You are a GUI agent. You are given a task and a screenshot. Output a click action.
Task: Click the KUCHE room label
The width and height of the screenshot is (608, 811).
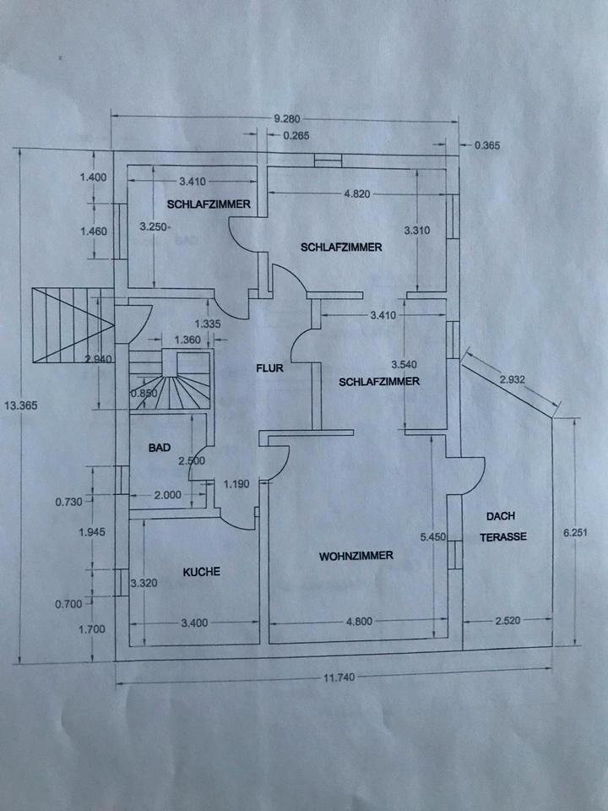[x=201, y=572]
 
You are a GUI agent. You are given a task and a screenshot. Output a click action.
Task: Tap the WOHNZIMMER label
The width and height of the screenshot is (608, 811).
[x=356, y=556]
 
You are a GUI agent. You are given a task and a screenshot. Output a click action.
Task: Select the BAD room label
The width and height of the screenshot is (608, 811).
[x=160, y=449]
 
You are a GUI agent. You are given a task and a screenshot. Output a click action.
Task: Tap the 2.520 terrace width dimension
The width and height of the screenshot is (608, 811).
[x=508, y=622]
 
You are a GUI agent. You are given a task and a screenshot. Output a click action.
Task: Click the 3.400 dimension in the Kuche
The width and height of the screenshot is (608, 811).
[x=196, y=623]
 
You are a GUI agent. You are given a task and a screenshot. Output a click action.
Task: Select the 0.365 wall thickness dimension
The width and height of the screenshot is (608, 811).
[x=488, y=145]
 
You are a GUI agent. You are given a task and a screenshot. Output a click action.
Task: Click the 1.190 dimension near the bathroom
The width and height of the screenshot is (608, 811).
[x=236, y=484]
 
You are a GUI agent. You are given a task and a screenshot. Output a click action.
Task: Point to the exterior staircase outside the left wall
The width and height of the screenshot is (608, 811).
[x=72, y=325]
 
